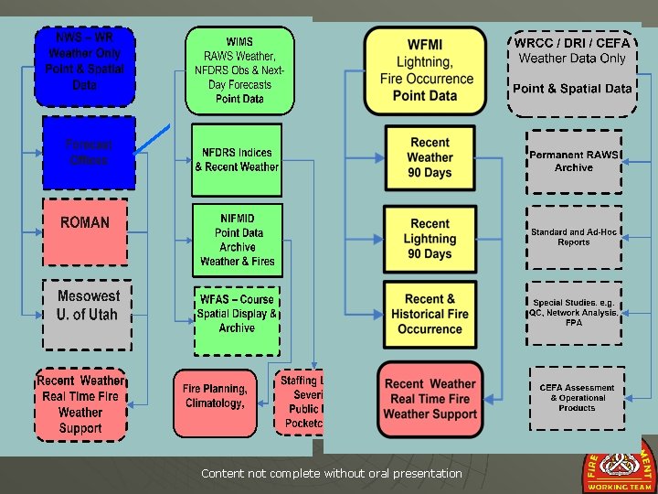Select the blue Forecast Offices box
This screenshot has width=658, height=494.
pos(88,153)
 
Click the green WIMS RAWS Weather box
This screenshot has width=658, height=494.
pos(239,70)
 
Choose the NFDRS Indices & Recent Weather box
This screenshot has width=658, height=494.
pos(237,160)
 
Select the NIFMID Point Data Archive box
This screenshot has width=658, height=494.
pos(237,240)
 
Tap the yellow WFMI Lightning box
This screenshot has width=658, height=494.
pos(425,70)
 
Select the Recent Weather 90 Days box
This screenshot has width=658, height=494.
pos(430,158)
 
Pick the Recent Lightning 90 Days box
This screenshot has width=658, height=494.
pos(430,240)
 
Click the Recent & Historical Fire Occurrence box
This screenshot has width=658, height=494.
pos(430,315)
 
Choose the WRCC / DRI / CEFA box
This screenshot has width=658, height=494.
pos(572,71)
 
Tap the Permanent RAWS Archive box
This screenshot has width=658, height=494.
pos(574,161)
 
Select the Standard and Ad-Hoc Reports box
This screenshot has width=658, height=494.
pos(574,238)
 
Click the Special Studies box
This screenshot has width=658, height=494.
pos(574,313)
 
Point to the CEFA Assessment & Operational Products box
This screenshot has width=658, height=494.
pos(578,398)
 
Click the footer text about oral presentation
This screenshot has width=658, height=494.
pos(332,473)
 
